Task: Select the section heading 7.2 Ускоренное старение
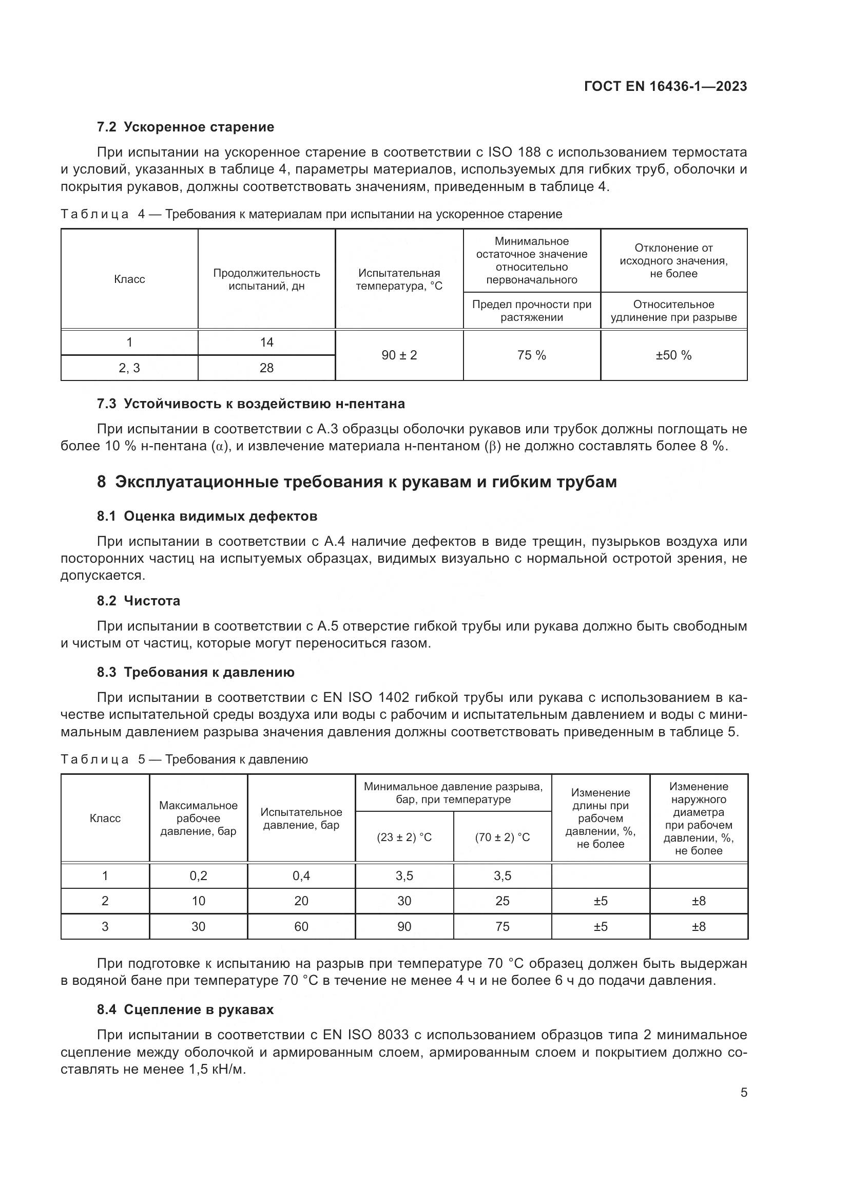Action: coord(186,127)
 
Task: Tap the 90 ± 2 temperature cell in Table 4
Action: coord(399,355)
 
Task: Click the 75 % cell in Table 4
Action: coord(531,355)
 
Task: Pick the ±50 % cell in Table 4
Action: coord(673,355)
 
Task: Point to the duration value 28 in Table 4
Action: coord(266,368)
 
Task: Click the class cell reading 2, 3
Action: coord(129,368)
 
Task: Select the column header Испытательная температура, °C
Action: coord(399,279)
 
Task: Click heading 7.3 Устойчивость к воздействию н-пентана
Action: coord(251,403)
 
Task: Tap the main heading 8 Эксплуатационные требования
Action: coord(357,481)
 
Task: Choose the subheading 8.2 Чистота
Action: coord(139,601)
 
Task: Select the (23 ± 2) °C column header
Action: coord(404,837)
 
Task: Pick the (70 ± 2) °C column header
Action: coord(502,837)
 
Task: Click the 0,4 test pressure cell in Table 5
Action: coord(301,875)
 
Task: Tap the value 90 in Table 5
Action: coord(404,926)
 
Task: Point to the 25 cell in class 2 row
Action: coord(502,901)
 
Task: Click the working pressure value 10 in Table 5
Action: coord(198,901)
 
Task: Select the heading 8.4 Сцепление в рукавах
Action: coord(186,1009)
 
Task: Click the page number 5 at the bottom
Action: coord(743,1092)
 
